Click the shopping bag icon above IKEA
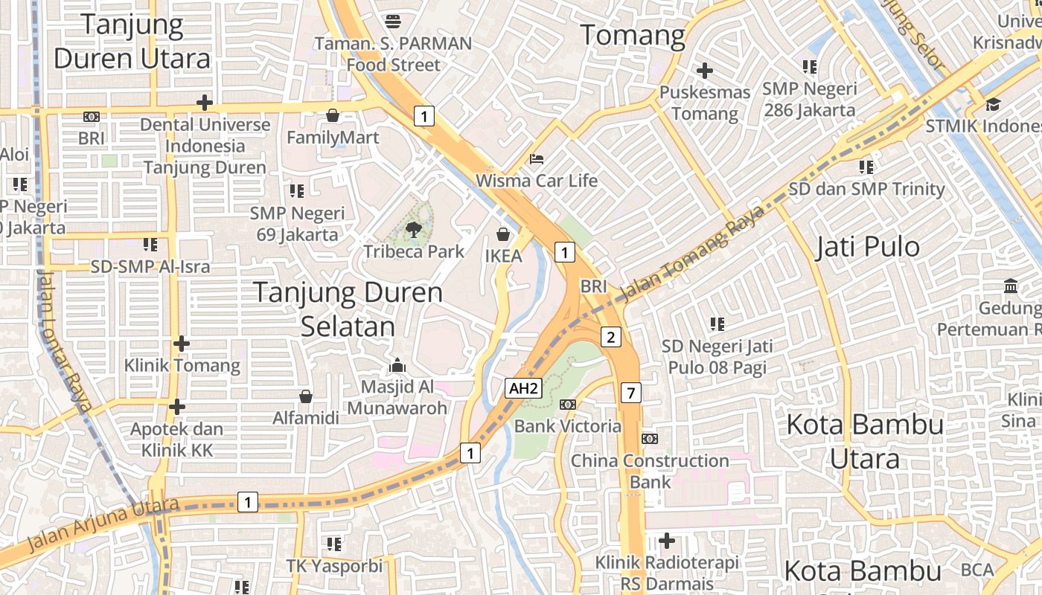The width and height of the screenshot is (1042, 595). click(x=504, y=235)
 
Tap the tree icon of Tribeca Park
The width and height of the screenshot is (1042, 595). click(x=414, y=230)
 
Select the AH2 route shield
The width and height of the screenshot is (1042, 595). click(x=522, y=387)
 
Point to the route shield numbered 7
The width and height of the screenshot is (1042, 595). click(x=630, y=392)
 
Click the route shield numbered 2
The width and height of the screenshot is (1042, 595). click(x=611, y=338)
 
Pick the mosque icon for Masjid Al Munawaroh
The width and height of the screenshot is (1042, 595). click(x=397, y=365)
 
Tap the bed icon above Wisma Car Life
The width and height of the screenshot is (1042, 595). click(x=536, y=159)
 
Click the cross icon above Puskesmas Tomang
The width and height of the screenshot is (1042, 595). click(x=704, y=71)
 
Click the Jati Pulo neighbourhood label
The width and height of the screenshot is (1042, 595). click(x=868, y=247)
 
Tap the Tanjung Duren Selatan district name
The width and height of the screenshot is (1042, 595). click(x=348, y=309)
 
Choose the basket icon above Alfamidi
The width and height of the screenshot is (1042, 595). click(x=305, y=396)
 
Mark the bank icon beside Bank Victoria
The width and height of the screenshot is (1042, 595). click(x=568, y=405)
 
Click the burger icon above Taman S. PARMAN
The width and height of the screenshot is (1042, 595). click(x=393, y=22)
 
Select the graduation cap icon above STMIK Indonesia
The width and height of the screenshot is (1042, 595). click(x=994, y=104)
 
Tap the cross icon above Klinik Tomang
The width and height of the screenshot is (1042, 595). click(x=182, y=344)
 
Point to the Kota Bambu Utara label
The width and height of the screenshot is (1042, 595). click(x=865, y=442)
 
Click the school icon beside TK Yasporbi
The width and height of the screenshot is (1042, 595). click(x=334, y=544)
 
